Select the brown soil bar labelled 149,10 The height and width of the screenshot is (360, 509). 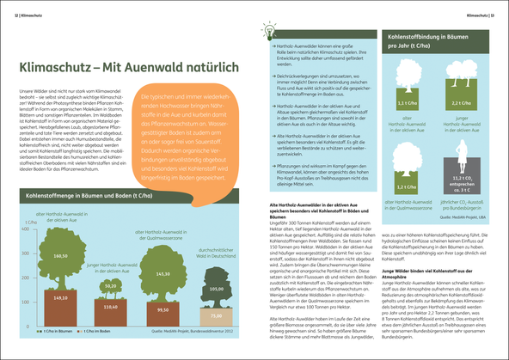[x=61, y=298]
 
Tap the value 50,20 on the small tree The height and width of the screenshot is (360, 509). [x=110, y=285]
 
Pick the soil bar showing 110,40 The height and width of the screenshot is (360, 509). [x=110, y=307]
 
